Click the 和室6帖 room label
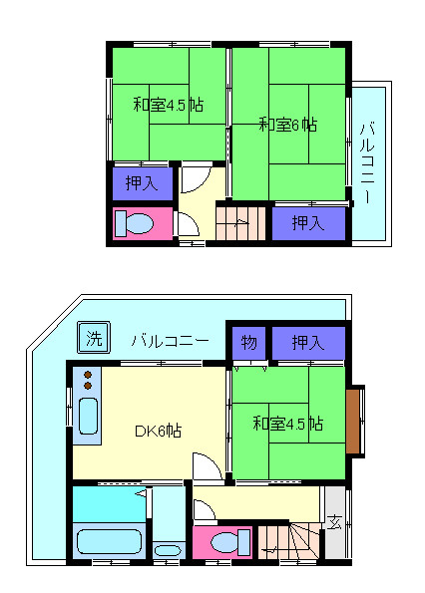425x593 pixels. [x=287, y=125]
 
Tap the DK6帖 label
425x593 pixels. [x=158, y=431]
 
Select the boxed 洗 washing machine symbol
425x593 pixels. [x=93, y=338]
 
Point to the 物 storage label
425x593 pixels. [x=248, y=343]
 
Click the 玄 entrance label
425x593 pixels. [x=334, y=519]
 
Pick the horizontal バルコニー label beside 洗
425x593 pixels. [x=169, y=340]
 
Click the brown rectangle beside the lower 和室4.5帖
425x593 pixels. [x=353, y=422]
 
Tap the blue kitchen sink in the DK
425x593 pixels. [x=87, y=419]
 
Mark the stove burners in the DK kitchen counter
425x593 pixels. [x=87, y=380]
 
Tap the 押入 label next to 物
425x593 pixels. [x=307, y=343]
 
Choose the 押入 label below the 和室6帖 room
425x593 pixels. [x=307, y=223]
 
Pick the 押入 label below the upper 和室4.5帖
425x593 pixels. [x=142, y=182]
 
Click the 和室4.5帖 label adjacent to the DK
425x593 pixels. [x=286, y=423]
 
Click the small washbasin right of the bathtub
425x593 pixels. [x=167, y=549]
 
